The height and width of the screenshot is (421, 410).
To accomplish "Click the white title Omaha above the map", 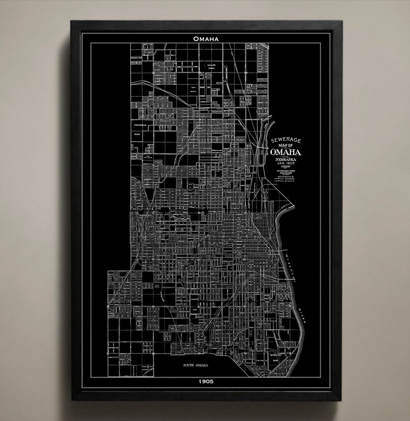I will click(206, 38).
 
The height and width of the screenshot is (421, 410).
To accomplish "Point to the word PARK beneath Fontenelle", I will click(137, 134).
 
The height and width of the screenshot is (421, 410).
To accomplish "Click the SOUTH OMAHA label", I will click(195, 365).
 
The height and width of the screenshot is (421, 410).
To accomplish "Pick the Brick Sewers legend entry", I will click(289, 184).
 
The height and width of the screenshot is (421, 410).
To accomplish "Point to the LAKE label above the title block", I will click(265, 126).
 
